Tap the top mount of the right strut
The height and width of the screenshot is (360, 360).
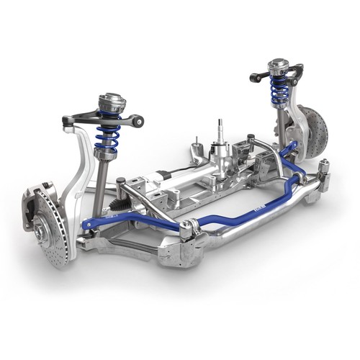tap(278, 68)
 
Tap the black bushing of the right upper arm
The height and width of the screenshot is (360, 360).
tap(256, 76)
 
